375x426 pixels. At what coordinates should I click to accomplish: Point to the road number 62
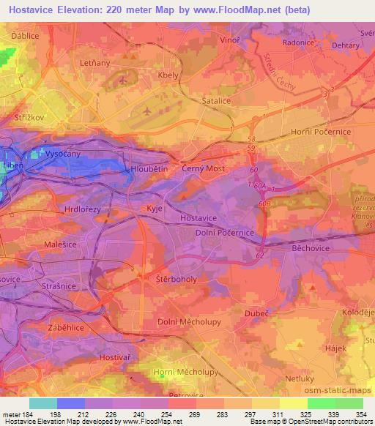click(x=260, y=256)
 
